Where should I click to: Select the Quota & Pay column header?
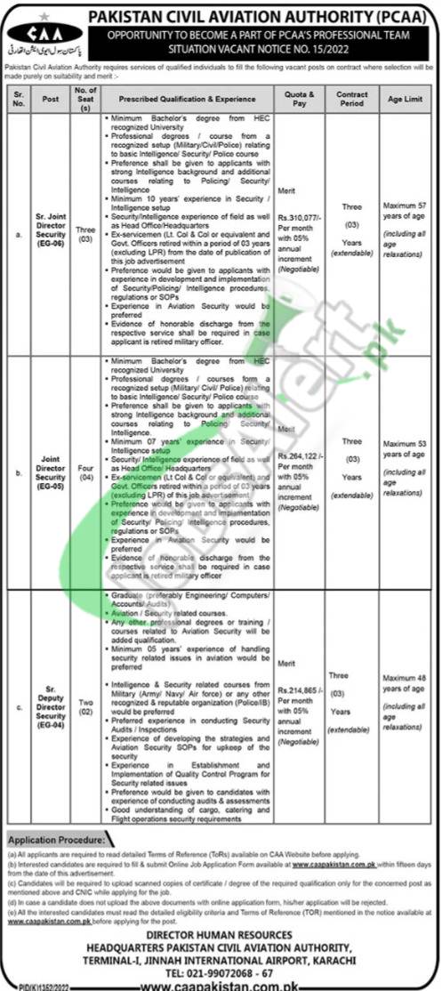point(299,95)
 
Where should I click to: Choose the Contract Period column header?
point(352,95)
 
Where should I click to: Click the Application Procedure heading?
point(55,838)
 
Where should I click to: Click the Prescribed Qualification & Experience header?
point(192,95)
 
